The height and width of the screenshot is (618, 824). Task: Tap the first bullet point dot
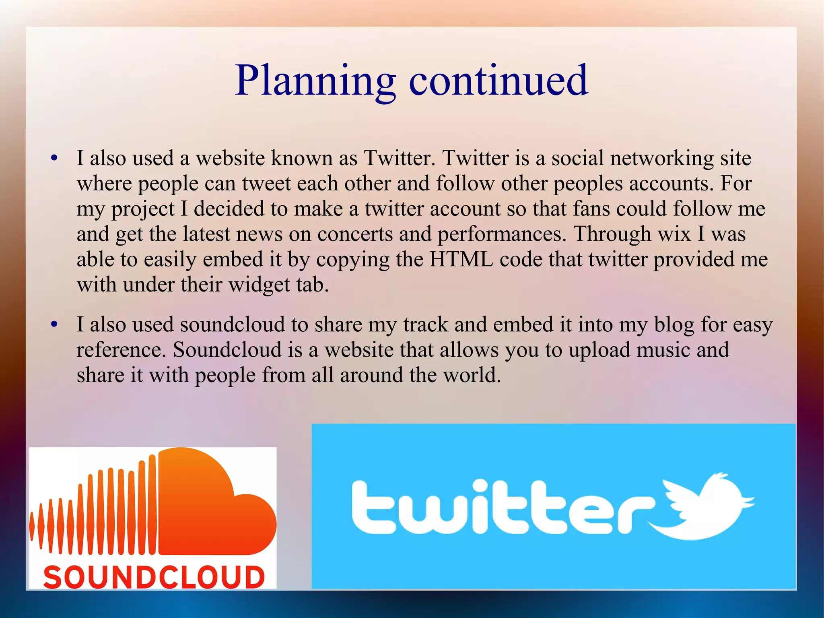pyautogui.click(x=54, y=158)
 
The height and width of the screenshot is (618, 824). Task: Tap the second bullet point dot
pyautogui.click(x=54, y=325)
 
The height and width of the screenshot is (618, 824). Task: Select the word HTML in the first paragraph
pyautogui.click(x=461, y=259)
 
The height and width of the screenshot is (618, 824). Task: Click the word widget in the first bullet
pyautogui.click(x=259, y=285)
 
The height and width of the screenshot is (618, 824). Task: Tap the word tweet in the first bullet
pyautogui.click(x=266, y=184)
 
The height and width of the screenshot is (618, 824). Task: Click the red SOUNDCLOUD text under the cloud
pyautogui.click(x=154, y=577)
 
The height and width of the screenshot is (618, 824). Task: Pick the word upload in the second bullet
pyautogui.click(x=599, y=350)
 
